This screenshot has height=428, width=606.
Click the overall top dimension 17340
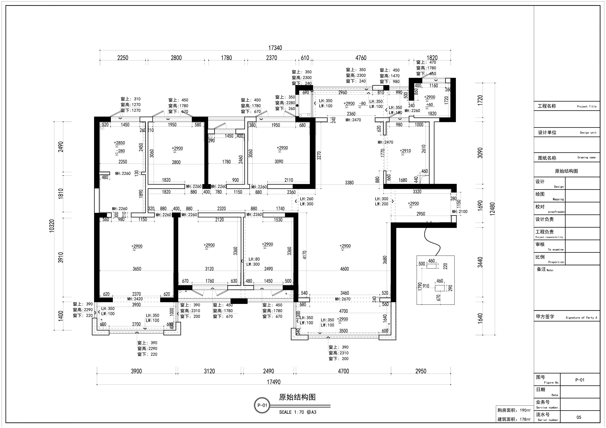tap(275, 48)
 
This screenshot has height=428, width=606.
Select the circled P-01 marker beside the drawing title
tap(262, 405)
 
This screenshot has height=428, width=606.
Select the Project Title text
tap(586, 107)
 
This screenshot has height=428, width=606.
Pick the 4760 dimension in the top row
tap(361, 58)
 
